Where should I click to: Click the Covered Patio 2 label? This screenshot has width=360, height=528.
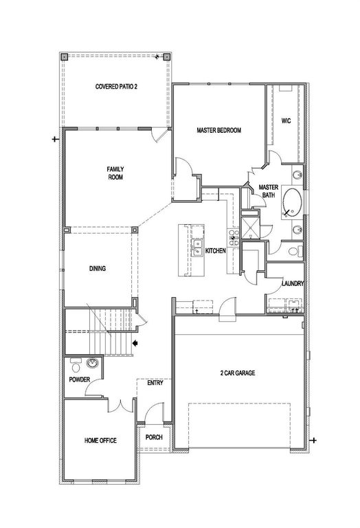point(116,87)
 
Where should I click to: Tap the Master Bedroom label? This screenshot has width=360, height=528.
point(218,129)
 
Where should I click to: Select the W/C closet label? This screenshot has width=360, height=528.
point(286,120)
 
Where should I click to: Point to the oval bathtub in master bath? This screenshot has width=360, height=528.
point(293,203)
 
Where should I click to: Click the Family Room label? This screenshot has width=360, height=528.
point(114,173)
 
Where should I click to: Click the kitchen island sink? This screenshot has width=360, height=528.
point(197,243)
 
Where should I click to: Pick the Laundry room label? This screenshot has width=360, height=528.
point(293,283)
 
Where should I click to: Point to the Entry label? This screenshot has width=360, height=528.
point(155,383)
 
